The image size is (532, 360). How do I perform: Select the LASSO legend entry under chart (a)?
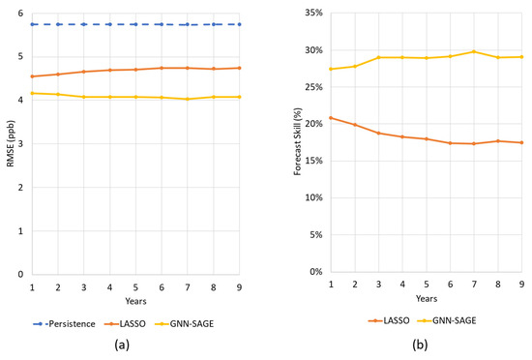(133, 320)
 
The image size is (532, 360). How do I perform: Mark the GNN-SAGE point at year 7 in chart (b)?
(474, 51)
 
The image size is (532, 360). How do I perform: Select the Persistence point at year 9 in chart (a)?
(239, 24)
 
